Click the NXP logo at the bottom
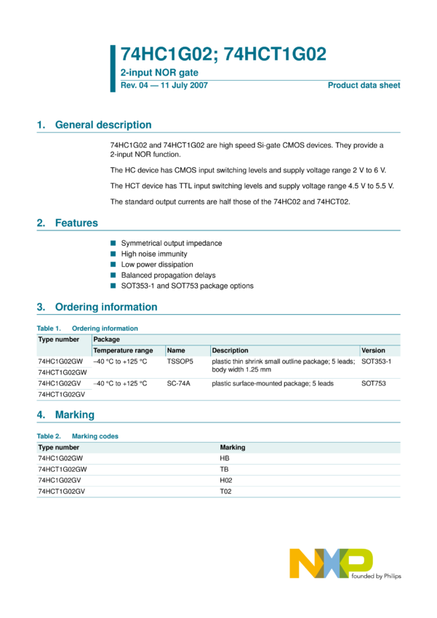[331, 564]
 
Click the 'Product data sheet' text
[364, 86]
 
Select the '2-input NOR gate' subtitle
[159, 73]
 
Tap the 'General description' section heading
[103, 125]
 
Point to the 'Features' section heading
[76, 223]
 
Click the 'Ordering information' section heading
[106, 307]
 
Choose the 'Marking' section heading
[75, 415]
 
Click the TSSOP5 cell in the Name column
[180, 361]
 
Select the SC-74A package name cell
[178, 383]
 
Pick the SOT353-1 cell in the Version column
[376, 361]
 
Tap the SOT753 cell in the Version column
[373, 383]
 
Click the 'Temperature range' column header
[123, 350]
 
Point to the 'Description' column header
[230, 350]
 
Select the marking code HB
[225, 459]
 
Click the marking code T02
[225, 492]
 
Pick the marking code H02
[225, 481]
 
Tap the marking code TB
[224, 470]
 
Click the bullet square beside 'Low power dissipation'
[113, 265]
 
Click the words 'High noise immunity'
[154, 254]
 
